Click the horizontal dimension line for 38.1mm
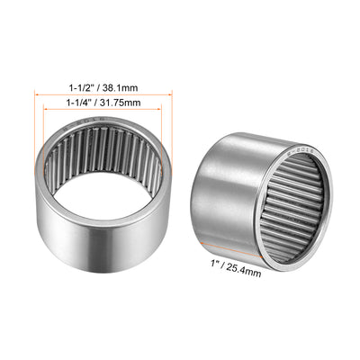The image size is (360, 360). tap(100, 95)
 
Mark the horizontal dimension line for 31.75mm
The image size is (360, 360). tap(100, 111)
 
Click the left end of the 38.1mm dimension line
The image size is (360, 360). tap(35, 95)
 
